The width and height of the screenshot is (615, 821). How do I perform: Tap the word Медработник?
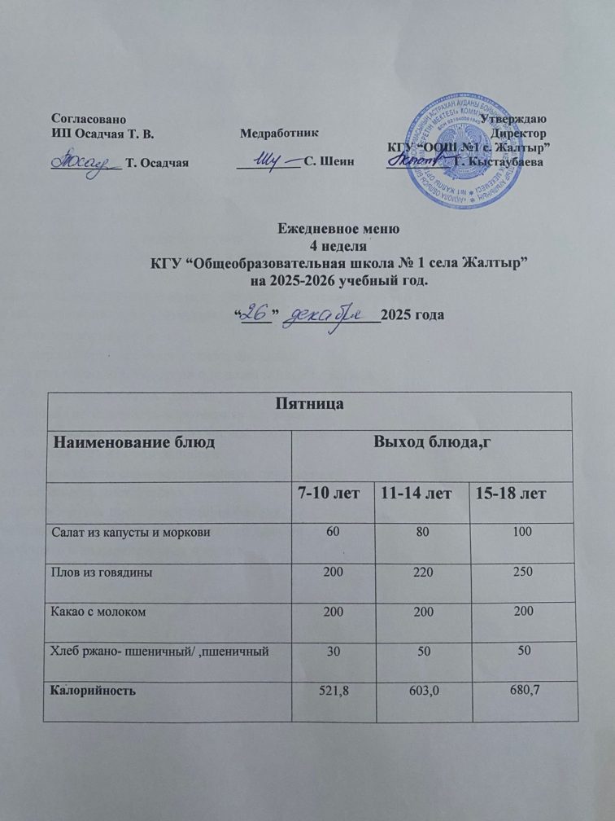(274, 133)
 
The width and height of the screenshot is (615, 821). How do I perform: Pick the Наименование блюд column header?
(134, 443)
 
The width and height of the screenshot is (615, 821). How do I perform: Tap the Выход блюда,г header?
(434, 443)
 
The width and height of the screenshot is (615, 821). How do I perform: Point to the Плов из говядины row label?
(104, 572)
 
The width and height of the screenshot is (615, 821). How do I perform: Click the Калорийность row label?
(96, 691)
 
